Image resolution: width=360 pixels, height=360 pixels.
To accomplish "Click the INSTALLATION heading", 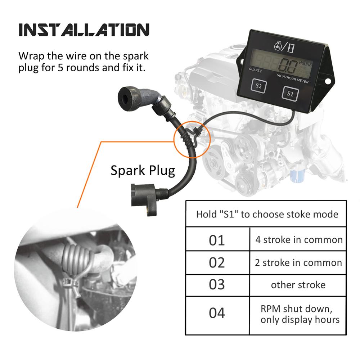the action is [x=84, y=30].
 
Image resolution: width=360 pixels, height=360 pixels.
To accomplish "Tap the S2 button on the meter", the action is [x=258, y=86].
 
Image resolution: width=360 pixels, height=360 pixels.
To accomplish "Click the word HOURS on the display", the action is [x=305, y=64].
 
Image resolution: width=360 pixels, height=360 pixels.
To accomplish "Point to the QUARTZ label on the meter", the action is [x=255, y=70].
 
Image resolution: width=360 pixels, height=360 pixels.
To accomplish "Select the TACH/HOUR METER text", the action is [x=292, y=78].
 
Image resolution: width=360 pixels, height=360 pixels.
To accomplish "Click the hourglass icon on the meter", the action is [x=291, y=48].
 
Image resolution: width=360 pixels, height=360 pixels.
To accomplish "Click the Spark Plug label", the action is [x=143, y=170].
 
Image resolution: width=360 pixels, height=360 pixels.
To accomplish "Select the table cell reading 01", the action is [x=217, y=239].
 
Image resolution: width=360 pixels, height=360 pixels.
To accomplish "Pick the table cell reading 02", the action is [x=217, y=262].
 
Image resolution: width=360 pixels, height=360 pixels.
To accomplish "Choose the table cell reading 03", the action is [x=217, y=285].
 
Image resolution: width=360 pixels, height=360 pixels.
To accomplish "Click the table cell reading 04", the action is [x=217, y=315].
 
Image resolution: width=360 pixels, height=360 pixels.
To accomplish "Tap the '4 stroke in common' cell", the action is [x=298, y=239].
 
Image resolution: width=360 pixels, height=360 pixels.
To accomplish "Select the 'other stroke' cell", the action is [x=298, y=285].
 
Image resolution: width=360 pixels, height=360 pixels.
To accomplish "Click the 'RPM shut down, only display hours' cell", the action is [x=298, y=315].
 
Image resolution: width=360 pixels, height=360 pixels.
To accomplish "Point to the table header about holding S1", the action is [x=266, y=214].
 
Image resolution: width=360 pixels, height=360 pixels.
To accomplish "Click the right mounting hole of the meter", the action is [x=328, y=81].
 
